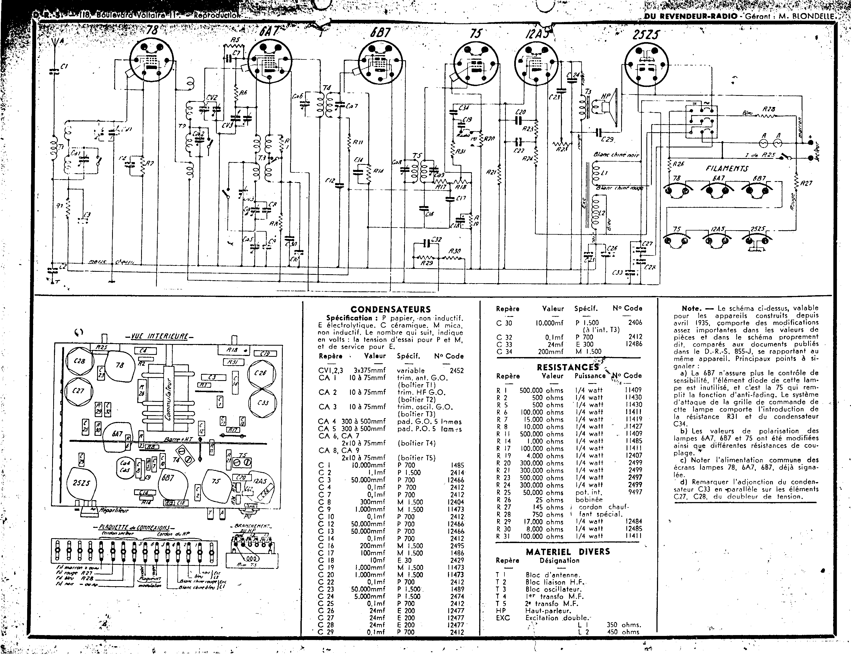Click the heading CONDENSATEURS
tap(390, 310)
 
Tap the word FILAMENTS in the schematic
tap(727, 169)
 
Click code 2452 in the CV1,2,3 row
tap(457, 371)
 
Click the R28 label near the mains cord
tap(769, 109)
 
